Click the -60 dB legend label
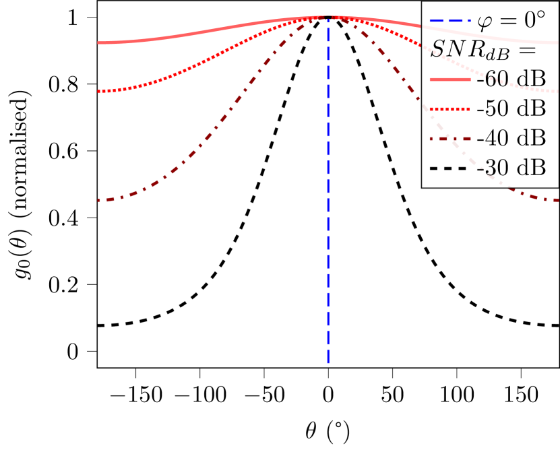click(510, 79)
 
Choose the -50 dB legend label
click(510, 108)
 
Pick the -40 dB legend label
click(510, 138)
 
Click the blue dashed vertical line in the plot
click(328, 202)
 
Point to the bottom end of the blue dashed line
click(328, 362)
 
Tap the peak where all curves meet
click(328, 17)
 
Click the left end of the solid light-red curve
click(99, 42)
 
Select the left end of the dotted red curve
click(99, 91)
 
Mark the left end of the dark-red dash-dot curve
click(99, 200)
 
